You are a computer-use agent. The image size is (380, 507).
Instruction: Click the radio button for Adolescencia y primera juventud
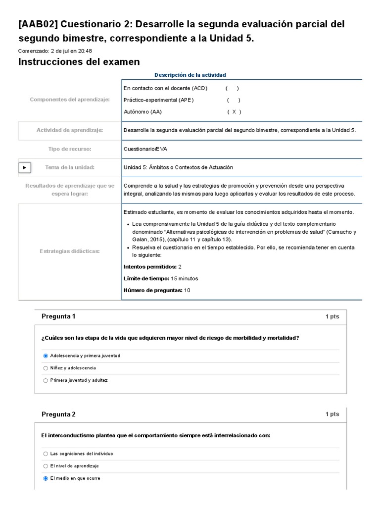[x=46, y=355]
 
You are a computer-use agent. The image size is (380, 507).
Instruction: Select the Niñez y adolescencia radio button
[x=46, y=368]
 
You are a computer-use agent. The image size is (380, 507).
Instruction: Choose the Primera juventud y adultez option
[x=46, y=380]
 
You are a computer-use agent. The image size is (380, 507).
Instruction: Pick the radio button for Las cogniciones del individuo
[x=46, y=454]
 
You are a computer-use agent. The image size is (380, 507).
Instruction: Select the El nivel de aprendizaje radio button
[x=46, y=466]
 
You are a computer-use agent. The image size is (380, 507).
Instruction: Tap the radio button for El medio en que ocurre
[x=46, y=478]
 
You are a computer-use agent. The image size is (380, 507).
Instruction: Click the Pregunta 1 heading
[x=58, y=316]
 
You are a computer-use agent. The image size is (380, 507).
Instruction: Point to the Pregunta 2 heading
[x=58, y=414]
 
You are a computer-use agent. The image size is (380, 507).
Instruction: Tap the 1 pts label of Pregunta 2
[x=332, y=414]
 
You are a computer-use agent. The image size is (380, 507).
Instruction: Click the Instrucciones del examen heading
[x=79, y=62]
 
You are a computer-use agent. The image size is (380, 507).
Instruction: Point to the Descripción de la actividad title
[x=190, y=75]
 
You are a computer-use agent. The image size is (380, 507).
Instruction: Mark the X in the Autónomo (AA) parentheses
[x=234, y=112]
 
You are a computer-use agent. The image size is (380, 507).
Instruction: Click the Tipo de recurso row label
[x=70, y=149]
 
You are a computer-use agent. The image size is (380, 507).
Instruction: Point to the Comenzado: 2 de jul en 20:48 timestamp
[x=55, y=51]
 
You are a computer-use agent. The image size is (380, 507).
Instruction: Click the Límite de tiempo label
[x=146, y=279]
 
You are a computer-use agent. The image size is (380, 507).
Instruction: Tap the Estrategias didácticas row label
[x=70, y=252]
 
